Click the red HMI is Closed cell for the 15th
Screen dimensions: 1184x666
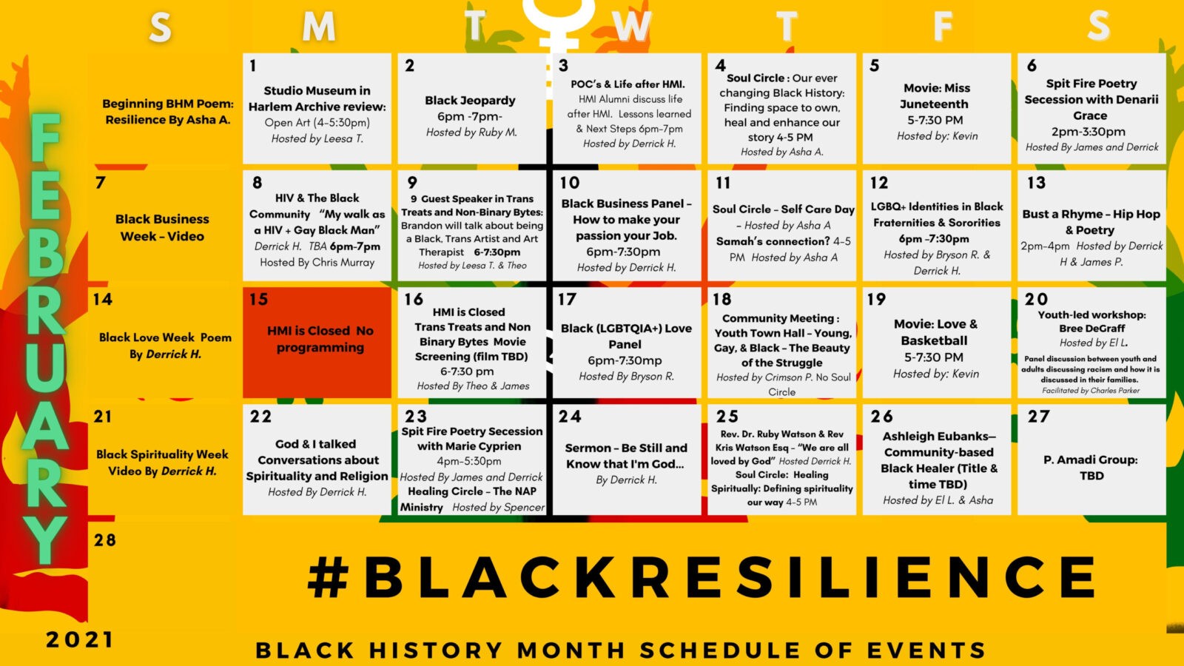[317, 343]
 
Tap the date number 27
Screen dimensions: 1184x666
[1038, 417]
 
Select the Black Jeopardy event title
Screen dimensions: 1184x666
[470, 101]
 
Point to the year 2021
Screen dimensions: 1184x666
[79, 640]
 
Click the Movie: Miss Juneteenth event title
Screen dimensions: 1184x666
[936, 95]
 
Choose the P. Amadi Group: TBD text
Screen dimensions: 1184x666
[1091, 468]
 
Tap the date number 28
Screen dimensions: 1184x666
[104, 539]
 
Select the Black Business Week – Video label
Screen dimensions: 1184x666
[162, 227]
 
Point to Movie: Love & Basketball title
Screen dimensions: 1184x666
[935, 332]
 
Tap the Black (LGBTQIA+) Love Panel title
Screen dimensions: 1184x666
[626, 336]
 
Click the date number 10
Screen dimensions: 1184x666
[569, 183]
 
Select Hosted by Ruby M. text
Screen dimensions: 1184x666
[471, 132]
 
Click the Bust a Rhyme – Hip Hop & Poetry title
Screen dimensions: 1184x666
[1091, 222]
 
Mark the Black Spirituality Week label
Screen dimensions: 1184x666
[162, 454]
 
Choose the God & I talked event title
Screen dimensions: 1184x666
[315, 444]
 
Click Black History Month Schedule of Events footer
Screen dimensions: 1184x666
[621, 650]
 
